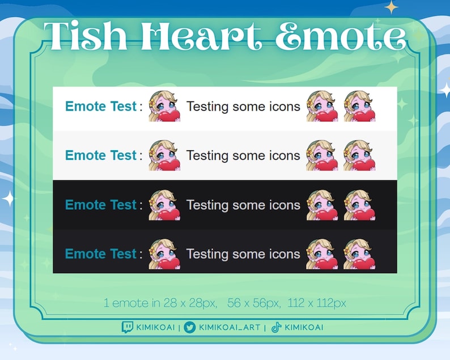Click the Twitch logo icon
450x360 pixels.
pyautogui.click(x=128, y=327)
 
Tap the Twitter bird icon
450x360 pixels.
pyautogui.click(x=190, y=327)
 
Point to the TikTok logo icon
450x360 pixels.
pyautogui.click(x=276, y=327)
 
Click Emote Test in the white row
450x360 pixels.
pyautogui.click(x=101, y=106)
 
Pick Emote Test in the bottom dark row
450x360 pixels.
pyautogui.click(x=101, y=253)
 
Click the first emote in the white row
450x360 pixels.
pyautogui.click(x=164, y=107)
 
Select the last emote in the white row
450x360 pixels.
pyautogui.click(x=359, y=107)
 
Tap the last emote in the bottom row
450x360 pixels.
pyautogui.click(x=359, y=253)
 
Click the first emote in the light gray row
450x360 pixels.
pyautogui.click(x=164, y=155)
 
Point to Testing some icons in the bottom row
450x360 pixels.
pyautogui.click(x=243, y=253)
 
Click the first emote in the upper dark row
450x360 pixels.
pyautogui.click(x=164, y=205)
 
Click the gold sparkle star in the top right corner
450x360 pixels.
pyautogui.click(x=391, y=7)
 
